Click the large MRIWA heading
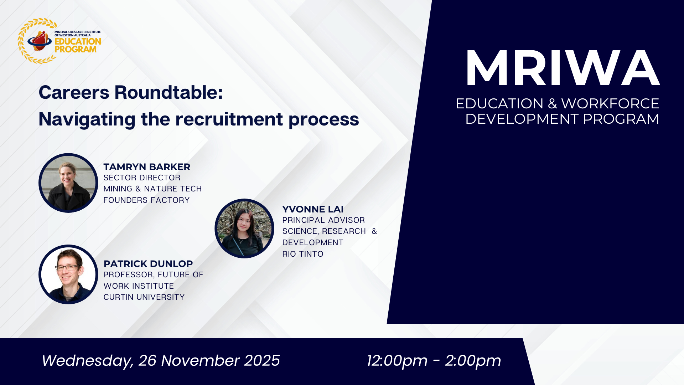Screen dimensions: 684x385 (x=563, y=68)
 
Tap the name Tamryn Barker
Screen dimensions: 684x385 (x=147, y=167)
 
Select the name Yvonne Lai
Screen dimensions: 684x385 (x=313, y=209)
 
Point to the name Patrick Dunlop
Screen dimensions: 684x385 (x=148, y=264)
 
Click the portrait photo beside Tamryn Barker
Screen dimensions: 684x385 (x=68, y=183)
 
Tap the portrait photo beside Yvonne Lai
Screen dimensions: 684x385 (x=244, y=229)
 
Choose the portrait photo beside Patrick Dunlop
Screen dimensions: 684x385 (x=68, y=274)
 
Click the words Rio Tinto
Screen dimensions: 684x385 (x=303, y=254)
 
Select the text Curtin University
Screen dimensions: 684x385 (x=144, y=297)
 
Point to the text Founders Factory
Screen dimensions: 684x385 (x=146, y=200)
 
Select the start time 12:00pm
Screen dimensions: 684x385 (x=397, y=361)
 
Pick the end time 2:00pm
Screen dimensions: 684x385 (x=473, y=361)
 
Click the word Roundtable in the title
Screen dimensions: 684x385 (x=169, y=92)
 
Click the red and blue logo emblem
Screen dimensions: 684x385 (x=40, y=41)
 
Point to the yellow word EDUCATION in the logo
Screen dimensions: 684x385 (x=78, y=41)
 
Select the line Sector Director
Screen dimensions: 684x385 (x=142, y=178)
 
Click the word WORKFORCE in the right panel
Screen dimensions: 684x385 (x=610, y=104)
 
